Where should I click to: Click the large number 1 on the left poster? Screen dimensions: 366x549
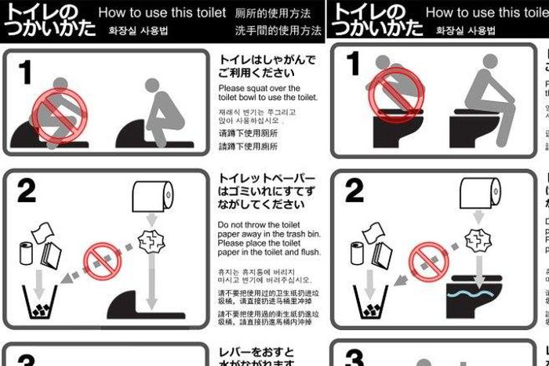pyautogui.click(x=26, y=72)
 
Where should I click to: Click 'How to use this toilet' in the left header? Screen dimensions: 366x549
pyautogui.click(x=162, y=13)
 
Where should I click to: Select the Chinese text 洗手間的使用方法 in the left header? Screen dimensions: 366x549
pyautogui.click(x=278, y=31)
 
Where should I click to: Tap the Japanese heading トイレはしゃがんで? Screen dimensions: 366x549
pyautogui.click(x=267, y=60)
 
